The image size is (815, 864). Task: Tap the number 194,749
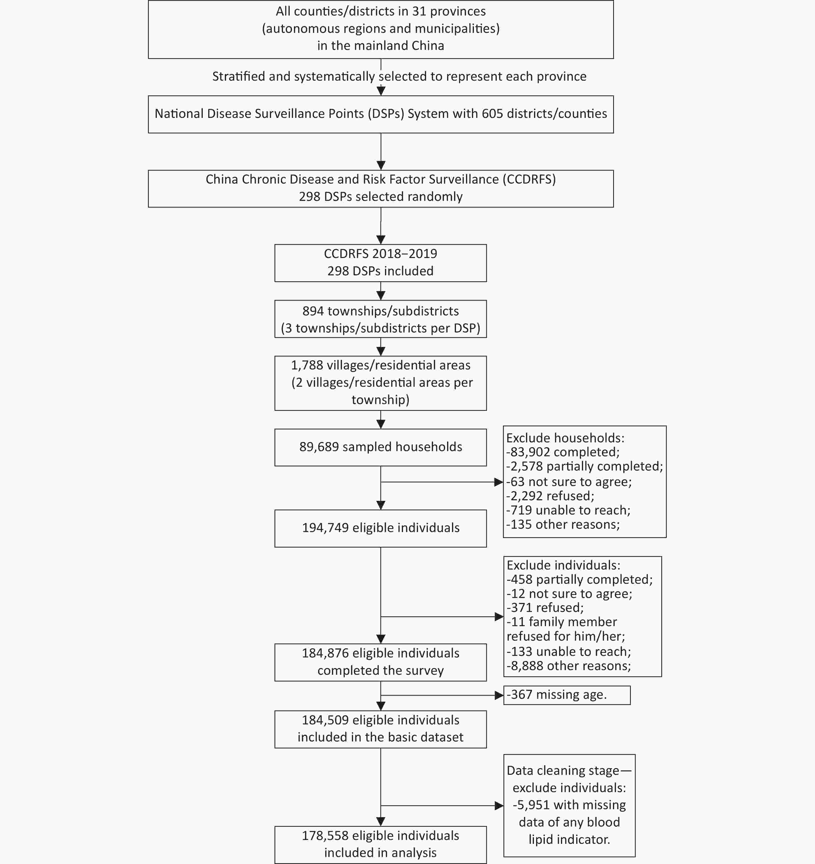pyautogui.click(x=325, y=528)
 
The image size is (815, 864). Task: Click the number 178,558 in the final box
pyautogui.click(x=325, y=835)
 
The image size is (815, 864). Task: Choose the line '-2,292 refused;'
pyautogui.click(x=550, y=496)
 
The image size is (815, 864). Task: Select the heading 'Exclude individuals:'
pyautogui.click(x=564, y=565)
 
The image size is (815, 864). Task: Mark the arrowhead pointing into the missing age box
pyautogui.click(x=499, y=695)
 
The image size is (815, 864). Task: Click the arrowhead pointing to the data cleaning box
pyautogui.click(x=499, y=806)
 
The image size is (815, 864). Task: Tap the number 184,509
pyautogui.click(x=325, y=720)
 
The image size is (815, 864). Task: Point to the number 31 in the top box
pyautogui.click(x=419, y=11)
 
